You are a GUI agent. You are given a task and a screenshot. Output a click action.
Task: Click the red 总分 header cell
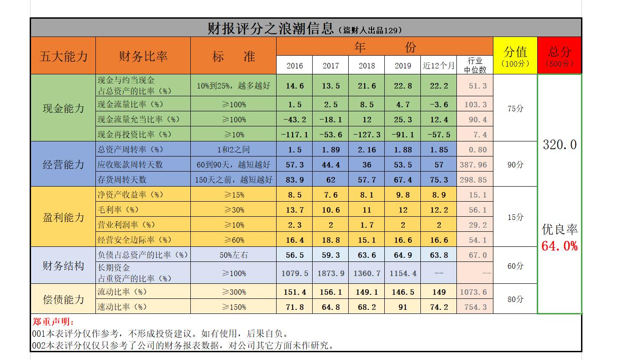pos(560,55)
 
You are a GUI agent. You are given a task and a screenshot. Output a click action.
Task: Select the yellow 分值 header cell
pos(515,55)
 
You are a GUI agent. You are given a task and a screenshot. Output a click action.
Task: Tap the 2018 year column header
pos(367,65)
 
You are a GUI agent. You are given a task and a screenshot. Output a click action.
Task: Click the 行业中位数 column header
pos(475,65)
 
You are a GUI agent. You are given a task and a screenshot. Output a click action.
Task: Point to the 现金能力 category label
pos(63,108)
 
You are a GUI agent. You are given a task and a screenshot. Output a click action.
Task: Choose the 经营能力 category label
pos(63,164)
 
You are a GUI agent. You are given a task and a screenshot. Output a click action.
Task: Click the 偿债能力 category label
pos(63,299)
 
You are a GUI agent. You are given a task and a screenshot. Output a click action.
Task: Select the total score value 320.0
pos(560,145)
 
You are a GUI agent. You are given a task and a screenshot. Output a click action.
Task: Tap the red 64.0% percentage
pos(560,246)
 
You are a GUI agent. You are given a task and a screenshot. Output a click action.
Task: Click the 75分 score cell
pos(515,109)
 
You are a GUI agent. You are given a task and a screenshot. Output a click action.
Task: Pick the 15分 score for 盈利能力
pos(515,217)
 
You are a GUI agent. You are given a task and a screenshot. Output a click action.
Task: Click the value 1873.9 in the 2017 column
pos(330,273)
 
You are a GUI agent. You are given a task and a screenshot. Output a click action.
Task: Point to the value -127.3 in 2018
pos(367,135)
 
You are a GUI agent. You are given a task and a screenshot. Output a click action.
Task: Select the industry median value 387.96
pos(475,165)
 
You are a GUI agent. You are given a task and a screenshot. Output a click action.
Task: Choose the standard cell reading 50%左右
pos(233,255)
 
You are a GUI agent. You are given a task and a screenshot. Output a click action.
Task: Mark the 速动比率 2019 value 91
pos(403,307)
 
